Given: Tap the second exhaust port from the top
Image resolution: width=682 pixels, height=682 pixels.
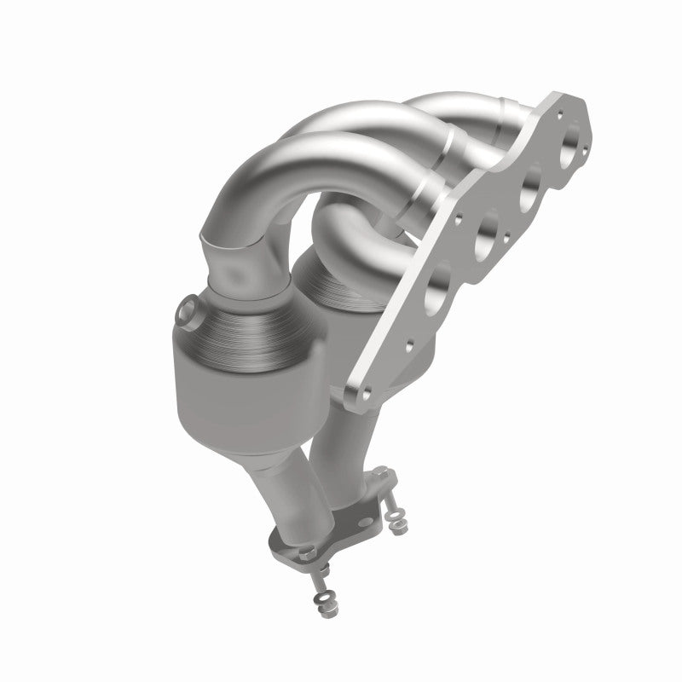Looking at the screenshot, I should [533, 180].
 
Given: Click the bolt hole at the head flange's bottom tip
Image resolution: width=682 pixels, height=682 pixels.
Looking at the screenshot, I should [367, 393].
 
